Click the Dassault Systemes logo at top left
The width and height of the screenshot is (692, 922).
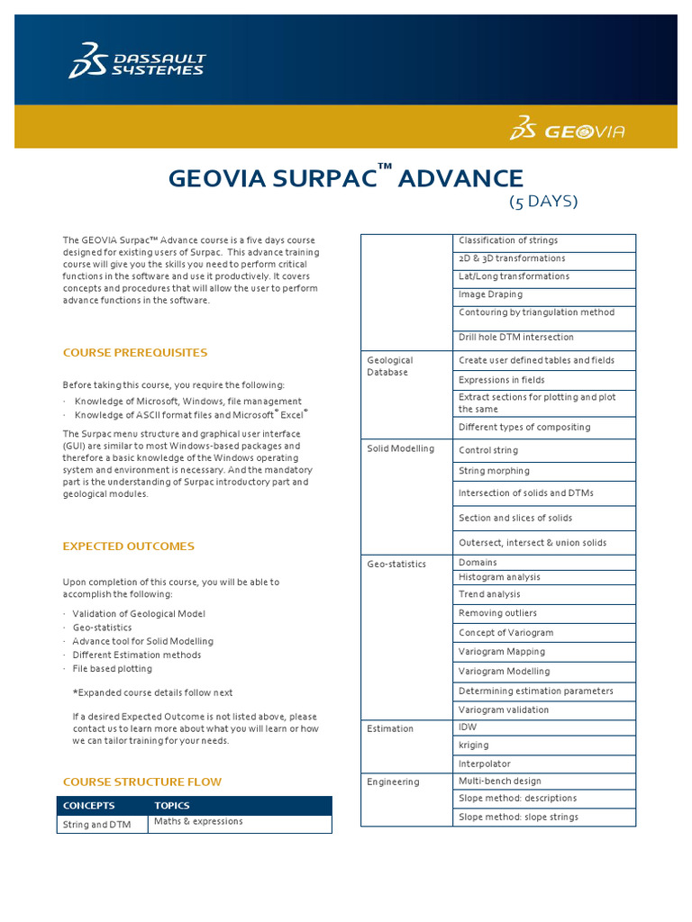(136, 60)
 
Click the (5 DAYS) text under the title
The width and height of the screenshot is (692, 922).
(543, 202)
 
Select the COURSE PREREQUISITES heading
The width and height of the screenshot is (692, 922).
(135, 352)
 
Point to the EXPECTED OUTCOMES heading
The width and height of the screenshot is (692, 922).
(128, 546)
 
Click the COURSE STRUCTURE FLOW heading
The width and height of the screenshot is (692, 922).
(141, 782)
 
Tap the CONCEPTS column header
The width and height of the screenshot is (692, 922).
(88, 805)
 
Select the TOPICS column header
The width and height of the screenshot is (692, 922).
(172, 805)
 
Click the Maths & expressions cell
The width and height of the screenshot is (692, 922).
(198, 821)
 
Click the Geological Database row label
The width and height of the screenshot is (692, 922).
(390, 366)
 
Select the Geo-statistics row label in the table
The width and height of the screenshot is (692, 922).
(396, 564)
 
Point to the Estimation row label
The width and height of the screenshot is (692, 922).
(390, 728)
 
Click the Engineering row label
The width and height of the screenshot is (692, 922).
(393, 782)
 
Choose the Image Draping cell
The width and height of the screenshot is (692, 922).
(490, 294)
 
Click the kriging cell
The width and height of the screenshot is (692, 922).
(474, 746)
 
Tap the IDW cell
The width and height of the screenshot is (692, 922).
(469, 727)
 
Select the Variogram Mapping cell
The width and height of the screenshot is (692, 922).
(502, 651)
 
